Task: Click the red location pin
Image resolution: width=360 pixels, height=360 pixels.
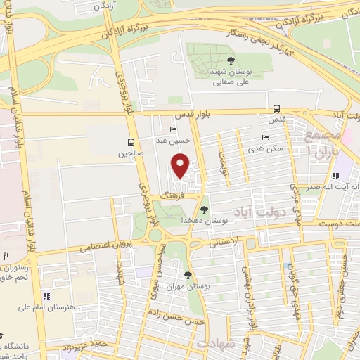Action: coord(181,165)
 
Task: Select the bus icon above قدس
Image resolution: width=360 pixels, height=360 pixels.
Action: coord(277,109)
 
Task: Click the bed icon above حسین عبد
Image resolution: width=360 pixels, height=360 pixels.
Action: coord(174,130)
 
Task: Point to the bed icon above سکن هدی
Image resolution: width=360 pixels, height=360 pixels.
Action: coord(265,138)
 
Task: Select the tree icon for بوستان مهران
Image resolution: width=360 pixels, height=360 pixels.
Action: coord(187,275)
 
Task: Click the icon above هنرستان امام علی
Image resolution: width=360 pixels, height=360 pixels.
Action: coord(46,296)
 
